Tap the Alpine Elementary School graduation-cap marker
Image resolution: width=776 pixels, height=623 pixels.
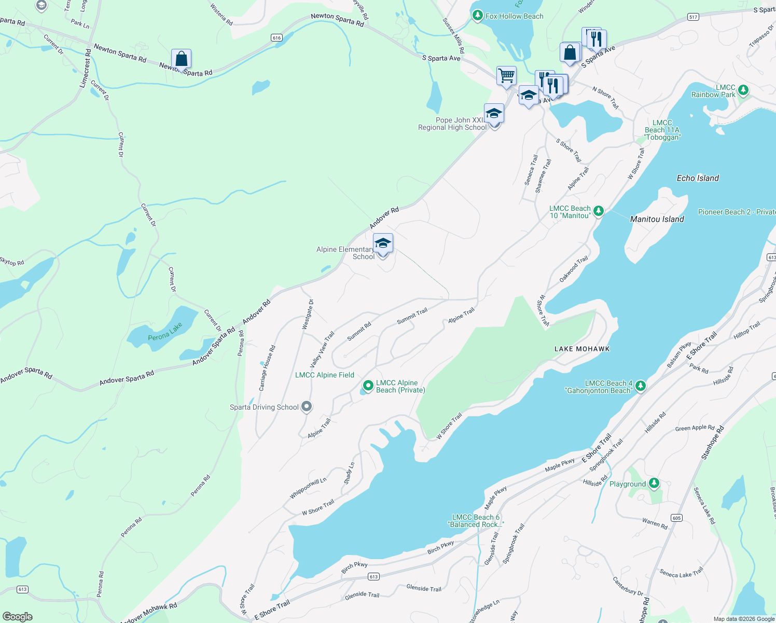click(383, 243)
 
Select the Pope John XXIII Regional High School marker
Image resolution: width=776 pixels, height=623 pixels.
click(494, 114)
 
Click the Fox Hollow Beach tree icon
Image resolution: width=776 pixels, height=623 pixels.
click(478, 16)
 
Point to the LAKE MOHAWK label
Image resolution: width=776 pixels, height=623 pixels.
click(582, 349)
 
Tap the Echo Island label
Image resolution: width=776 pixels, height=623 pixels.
click(698, 178)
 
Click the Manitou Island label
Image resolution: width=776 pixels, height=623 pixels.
click(657, 219)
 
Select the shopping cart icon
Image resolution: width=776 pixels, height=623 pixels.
click(506, 76)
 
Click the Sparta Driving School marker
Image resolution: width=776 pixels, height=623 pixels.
click(307, 407)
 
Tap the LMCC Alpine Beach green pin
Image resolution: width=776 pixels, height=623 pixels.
click(368, 386)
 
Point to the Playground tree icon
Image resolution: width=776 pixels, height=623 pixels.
click(654, 483)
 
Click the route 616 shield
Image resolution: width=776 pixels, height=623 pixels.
click(276, 37)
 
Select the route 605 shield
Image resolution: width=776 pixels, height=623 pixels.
click(676, 518)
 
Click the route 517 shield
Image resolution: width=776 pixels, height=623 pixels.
click(693, 17)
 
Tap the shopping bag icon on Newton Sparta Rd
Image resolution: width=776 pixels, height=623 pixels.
click(181, 59)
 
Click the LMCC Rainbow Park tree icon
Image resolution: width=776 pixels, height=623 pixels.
click(743, 90)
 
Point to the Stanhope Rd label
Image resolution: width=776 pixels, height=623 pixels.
click(712, 442)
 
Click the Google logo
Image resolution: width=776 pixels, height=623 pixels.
click(18, 617)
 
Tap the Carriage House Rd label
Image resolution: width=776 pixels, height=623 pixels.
click(267, 368)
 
